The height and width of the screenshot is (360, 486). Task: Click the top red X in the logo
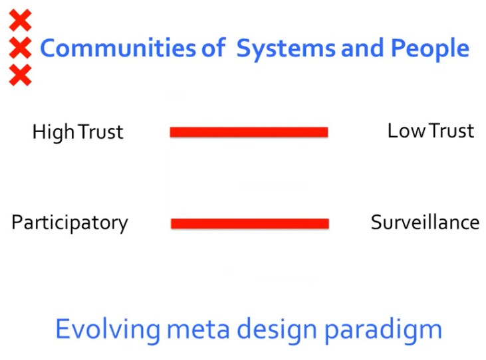click(20, 20)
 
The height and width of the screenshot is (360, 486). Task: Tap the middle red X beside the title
click(20, 48)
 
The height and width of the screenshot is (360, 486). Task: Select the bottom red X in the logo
click(20, 75)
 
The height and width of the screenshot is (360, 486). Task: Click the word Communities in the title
click(118, 48)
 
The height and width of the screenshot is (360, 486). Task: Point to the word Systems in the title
click(286, 50)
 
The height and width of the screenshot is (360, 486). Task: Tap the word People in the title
click(430, 50)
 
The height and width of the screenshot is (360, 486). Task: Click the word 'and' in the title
click(362, 48)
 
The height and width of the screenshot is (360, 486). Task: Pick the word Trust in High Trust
click(100, 132)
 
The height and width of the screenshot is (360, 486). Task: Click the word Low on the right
click(406, 131)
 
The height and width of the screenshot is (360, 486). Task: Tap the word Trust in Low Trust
click(452, 131)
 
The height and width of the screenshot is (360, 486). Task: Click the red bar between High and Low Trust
click(249, 132)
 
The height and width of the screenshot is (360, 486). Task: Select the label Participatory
click(70, 223)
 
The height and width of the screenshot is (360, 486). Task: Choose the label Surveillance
click(425, 223)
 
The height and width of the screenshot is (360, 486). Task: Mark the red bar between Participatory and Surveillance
click(250, 223)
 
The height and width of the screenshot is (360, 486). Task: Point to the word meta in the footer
click(198, 329)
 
